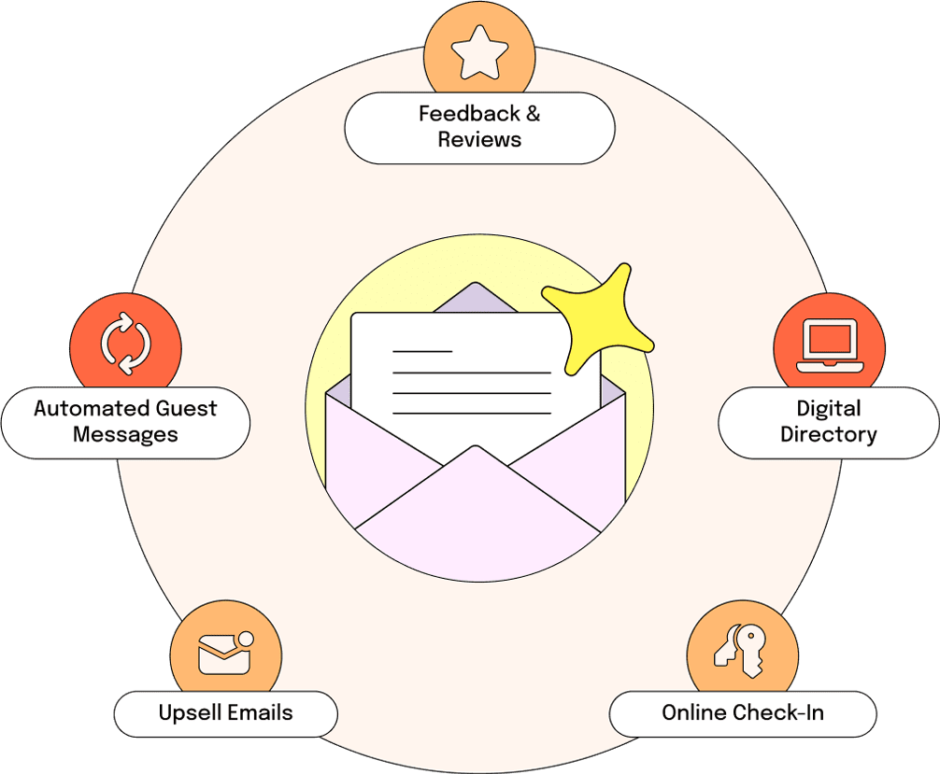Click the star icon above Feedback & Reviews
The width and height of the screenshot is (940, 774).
click(479, 52)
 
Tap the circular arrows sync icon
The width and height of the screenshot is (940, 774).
click(126, 344)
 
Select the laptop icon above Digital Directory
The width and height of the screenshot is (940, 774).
click(830, 345)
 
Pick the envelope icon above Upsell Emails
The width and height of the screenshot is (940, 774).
click(225, 653)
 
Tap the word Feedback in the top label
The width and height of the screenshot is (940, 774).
click(469, 113)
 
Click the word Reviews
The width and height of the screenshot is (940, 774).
click(479, 140)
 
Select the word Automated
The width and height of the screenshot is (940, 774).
click(91, 409)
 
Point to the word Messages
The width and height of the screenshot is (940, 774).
click(125, 435)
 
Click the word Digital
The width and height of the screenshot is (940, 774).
click(829, 409)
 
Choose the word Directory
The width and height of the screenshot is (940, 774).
click(829, 435)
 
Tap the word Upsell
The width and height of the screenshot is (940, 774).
click(190, 713)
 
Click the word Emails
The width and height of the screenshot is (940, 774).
click(260, 713)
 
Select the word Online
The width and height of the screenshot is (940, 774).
click(694, 713)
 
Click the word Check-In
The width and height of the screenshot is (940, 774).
click(778, 713)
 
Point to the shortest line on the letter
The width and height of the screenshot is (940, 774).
click(422, 351)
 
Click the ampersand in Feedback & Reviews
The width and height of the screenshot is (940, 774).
click(533, 113)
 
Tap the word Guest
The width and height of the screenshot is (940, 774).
click(186, 409)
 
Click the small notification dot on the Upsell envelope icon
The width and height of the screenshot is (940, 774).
click(246, 640)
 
